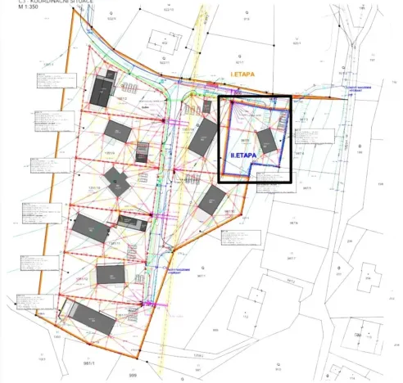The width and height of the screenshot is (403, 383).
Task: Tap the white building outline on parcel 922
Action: [x=170, y=42]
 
